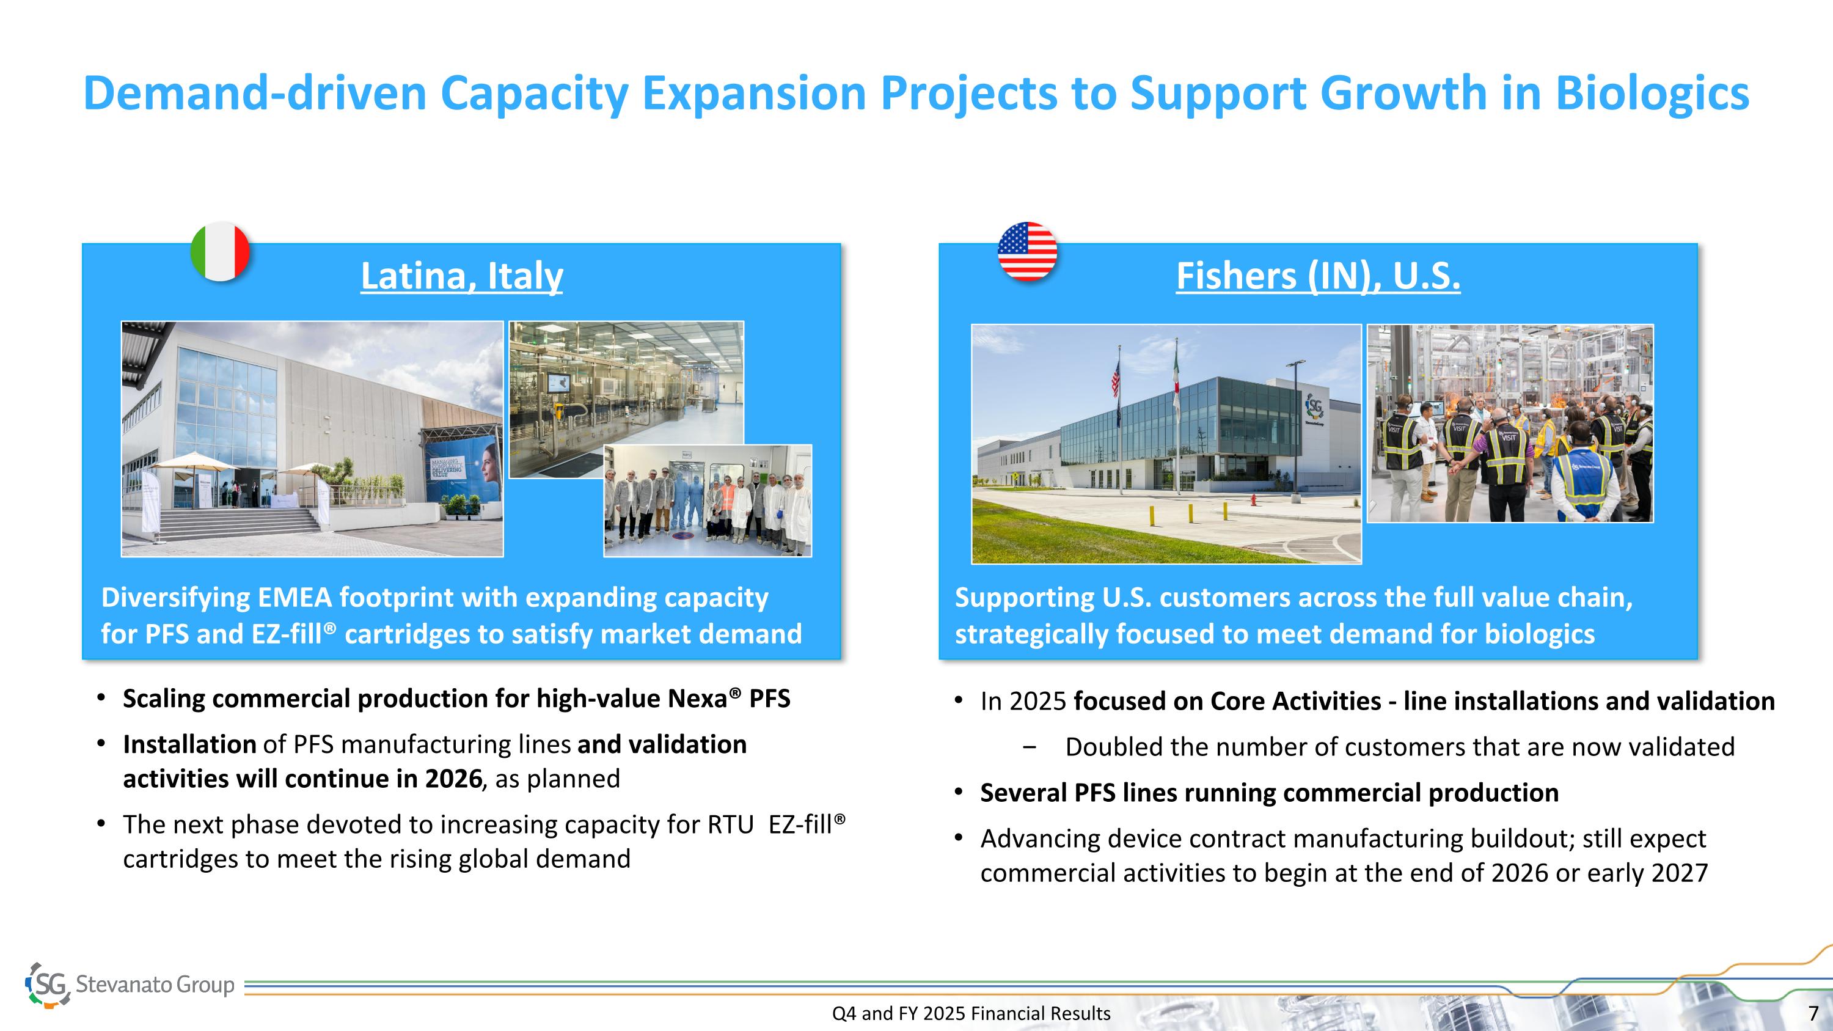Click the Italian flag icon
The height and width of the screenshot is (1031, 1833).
[x=221, y=251]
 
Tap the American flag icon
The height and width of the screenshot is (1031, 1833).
[x=1027, y=251]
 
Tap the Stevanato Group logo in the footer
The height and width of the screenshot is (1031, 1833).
[x=130, y=985]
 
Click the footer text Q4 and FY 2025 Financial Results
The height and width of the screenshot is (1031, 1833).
[x=971, y=1013]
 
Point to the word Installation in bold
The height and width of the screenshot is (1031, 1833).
[x=190, y=744]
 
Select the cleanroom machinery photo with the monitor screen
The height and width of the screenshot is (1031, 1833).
[x=626, y=399]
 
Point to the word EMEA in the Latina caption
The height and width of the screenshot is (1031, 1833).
[x=295, y=598]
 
